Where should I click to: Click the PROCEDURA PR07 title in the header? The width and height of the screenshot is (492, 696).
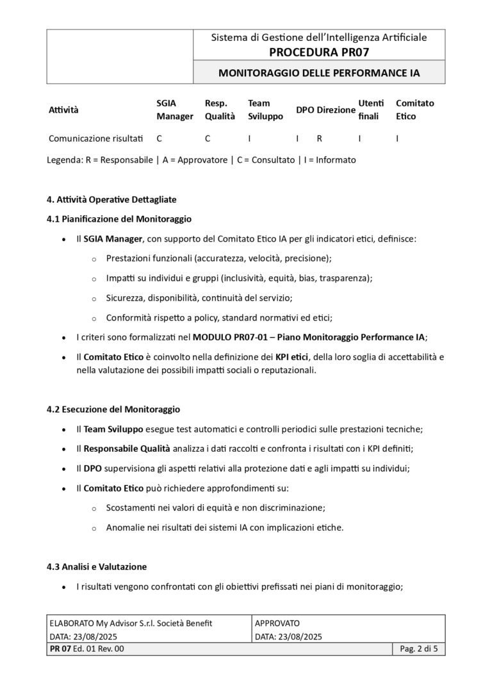click(x=319, y=52)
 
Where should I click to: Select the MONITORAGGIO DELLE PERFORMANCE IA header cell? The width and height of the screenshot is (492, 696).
click(x=319, y=73)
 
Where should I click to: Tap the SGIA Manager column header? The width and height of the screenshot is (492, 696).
click(x=174, y=110)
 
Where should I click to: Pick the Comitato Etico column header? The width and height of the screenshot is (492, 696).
click(x=414, y=110)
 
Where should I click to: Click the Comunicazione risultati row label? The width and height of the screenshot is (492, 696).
click(x=96, y=138)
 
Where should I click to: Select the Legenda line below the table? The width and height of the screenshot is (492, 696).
click(x=201, y=160)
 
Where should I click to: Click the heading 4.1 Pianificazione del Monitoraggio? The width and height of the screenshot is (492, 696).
click(x=119, y=219)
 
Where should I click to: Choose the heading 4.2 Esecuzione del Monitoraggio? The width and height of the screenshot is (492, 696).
click(x=113, y=409)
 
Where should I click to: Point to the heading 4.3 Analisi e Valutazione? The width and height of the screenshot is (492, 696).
click(x=97, y=567)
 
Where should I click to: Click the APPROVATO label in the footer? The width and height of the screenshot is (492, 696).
click(x=277, y=623)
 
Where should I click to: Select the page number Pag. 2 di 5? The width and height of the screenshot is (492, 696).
click(x=418, y=649)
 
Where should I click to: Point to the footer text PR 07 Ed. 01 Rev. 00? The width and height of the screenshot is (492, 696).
click(x=86, y=649)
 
